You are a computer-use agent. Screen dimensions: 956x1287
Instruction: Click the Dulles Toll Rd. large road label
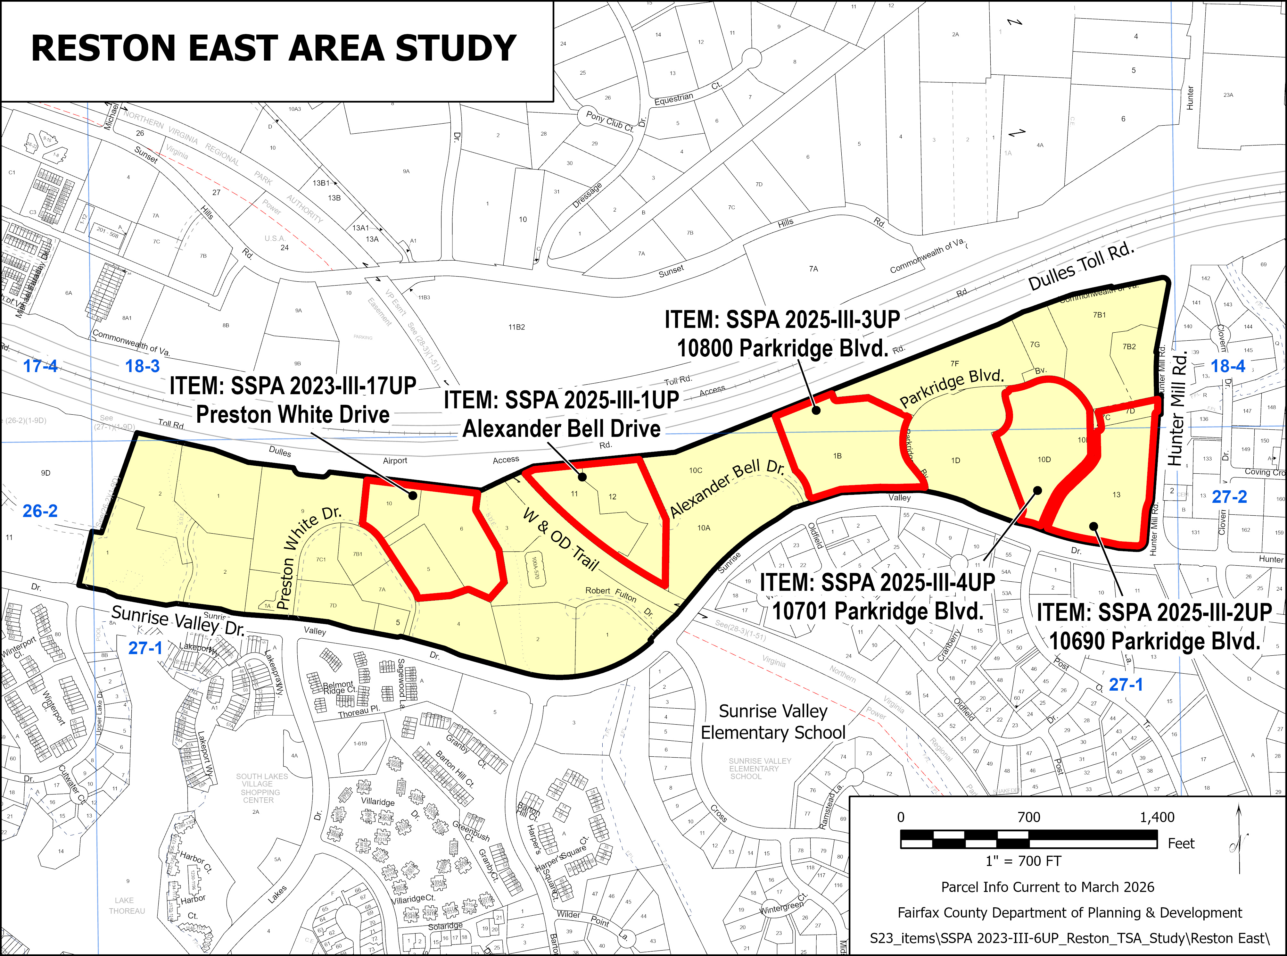coord(1080,267)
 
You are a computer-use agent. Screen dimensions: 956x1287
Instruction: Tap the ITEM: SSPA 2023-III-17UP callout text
coord(293,386)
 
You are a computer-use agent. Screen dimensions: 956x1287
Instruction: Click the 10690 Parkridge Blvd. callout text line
coord(1155,641)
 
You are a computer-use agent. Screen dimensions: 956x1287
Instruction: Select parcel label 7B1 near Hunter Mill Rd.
coord(1099,315)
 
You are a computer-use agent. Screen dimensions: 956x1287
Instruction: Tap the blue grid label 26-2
coord(40,511)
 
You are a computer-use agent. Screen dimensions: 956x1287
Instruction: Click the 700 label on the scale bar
coord(1028,817)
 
